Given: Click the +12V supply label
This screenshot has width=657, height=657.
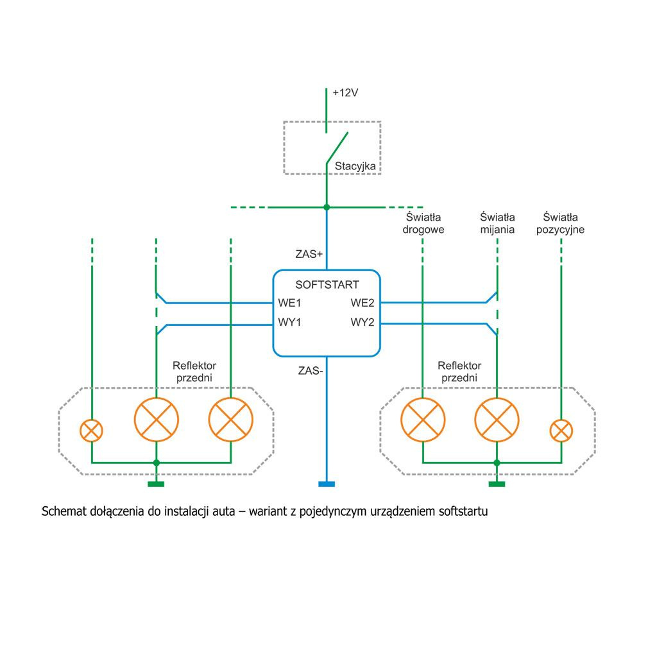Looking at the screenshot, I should point(345,93).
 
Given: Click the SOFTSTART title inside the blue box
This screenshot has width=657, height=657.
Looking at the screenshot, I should point(327,285).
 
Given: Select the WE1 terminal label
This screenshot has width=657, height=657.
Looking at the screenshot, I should point(290,303).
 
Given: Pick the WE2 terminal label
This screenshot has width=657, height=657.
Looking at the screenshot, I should point(363,303).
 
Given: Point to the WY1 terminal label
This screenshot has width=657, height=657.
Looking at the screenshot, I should point(290,322).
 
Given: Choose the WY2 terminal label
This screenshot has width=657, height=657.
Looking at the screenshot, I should point(363,322).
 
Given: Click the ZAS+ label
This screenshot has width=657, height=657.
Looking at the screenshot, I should point(309,254).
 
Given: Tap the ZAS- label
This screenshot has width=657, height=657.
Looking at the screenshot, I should point(310,370).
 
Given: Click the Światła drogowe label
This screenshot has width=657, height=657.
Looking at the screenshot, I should point(423,223).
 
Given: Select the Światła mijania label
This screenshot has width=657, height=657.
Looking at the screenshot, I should point(497,223).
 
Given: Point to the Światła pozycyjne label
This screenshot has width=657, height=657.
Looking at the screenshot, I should point(560,223).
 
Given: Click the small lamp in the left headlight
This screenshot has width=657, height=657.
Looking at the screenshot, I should point(92,430).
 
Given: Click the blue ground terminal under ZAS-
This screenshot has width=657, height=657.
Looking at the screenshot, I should point(327,484).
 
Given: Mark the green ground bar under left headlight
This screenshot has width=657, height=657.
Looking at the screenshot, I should point(156,484).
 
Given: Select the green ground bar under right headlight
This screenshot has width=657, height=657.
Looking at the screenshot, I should point(497,484).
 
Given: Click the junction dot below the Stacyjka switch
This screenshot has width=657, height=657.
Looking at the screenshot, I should point(327,207).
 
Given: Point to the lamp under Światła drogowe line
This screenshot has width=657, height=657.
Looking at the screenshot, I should point(423,420).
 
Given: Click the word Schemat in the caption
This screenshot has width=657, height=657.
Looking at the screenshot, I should point(63,512).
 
